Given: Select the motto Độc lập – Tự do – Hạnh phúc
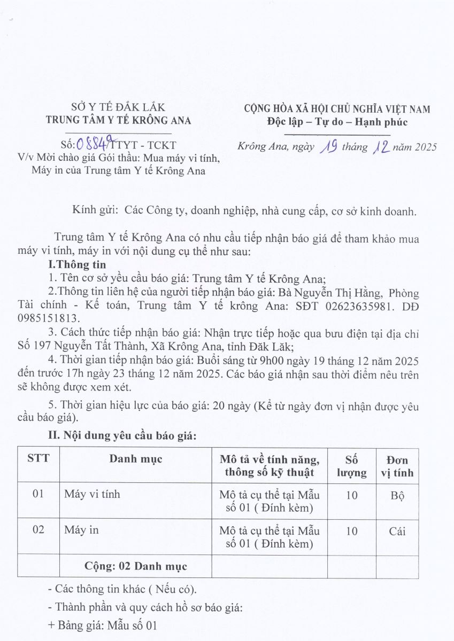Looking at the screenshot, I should [336, 122].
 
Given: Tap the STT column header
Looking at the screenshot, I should [38, 459].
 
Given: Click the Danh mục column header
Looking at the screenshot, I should [135, 459].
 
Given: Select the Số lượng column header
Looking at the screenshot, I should [351, 466].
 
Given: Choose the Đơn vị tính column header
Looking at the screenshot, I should [397, 466].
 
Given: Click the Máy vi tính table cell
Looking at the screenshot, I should [92, 494].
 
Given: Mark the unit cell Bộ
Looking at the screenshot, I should [397, 495].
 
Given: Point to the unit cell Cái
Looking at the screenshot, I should [397, 531].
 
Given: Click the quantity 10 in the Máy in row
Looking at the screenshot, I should [351, 531].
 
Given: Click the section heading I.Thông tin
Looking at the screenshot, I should [77, 265].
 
